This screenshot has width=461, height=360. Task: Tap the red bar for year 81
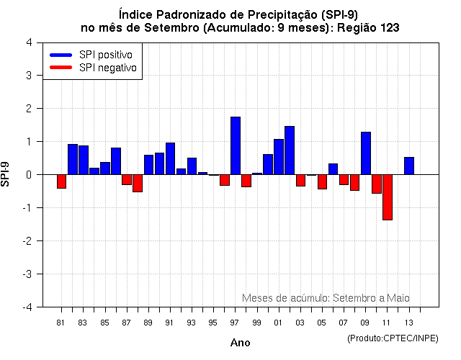tap(61, 181)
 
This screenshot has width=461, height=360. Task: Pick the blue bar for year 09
tap(365, 153)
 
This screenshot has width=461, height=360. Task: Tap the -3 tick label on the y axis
tap(27, 274)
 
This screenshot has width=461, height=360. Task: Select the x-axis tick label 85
tap(104, 322)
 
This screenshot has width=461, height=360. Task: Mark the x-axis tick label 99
tap(256, 322)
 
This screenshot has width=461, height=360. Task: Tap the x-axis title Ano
tap(240, 343)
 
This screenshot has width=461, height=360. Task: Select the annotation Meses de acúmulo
tap(285, 297)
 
